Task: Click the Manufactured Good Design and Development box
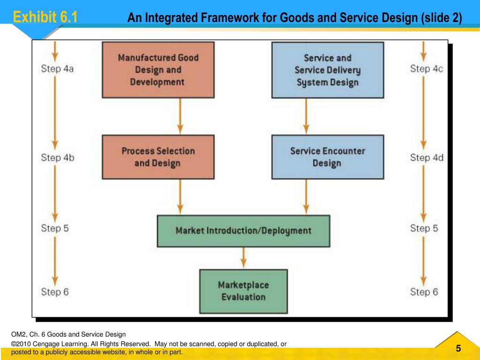pos(158,70)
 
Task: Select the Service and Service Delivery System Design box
pos(328,70)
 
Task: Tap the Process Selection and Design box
pos(158,157)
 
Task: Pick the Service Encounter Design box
pos(328,157)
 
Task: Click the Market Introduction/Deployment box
pos(243,231)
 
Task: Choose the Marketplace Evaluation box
pos(243,291)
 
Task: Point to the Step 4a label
pos(57,69)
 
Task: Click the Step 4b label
pos(57,157)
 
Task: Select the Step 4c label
pos(427,69)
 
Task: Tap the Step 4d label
pos(427,157)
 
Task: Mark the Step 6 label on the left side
pos(55,292)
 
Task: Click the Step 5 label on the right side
pos(424,228)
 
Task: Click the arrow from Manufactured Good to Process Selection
pos(180,116)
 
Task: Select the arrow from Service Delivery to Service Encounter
pos(306,116)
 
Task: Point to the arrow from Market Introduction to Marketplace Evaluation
pos(243,258)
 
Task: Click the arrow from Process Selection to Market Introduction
pos(180,197)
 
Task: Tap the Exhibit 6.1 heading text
pos(45,18)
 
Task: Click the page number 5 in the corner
pos(458,348)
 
